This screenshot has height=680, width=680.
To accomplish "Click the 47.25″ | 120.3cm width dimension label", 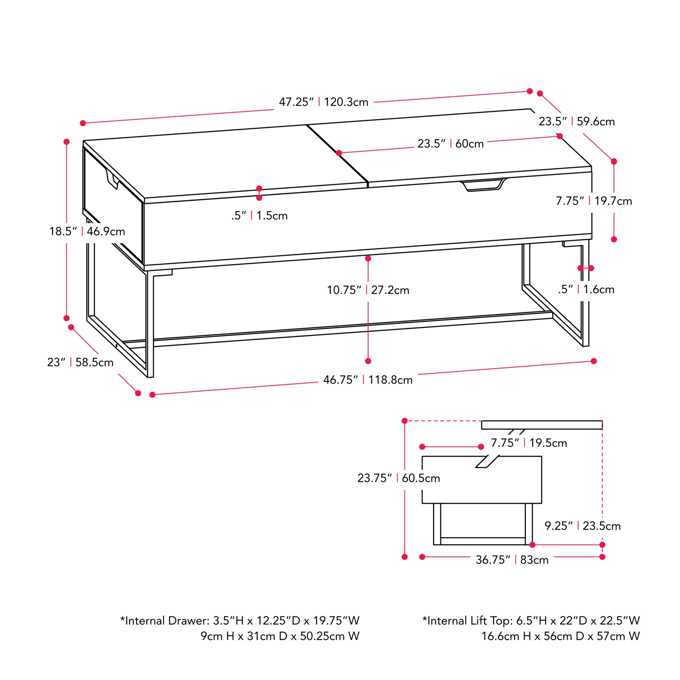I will point(323,102).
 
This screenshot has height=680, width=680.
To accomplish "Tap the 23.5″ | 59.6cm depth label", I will point(577,121).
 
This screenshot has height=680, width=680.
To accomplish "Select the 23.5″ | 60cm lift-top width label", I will point(451,144).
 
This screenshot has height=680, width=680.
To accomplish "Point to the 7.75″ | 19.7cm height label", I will point(594,201).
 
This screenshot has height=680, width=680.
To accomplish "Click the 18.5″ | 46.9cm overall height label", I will point(87,231).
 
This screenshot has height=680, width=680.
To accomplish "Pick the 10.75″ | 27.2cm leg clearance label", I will point(368,290).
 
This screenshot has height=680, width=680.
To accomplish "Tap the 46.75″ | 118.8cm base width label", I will point(368,380).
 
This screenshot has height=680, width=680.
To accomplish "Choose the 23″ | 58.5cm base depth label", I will point(80,362).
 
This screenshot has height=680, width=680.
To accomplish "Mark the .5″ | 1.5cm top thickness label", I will point(259,216).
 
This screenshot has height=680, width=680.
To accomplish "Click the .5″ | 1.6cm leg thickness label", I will point(586,289).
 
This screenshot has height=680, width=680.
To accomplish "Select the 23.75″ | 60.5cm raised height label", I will point(398,478).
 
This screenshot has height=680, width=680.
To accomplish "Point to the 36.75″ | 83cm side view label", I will point(512,560).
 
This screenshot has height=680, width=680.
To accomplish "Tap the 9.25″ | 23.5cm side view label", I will point(583,526).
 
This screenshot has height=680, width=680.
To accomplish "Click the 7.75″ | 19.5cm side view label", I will point(529,443).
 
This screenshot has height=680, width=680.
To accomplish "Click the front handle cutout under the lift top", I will point(483,185).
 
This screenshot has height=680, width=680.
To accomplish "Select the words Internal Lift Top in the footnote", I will point(469,621).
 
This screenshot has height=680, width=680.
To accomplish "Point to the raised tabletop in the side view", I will point(542,425).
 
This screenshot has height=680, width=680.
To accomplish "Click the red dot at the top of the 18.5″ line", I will point(67,142).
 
